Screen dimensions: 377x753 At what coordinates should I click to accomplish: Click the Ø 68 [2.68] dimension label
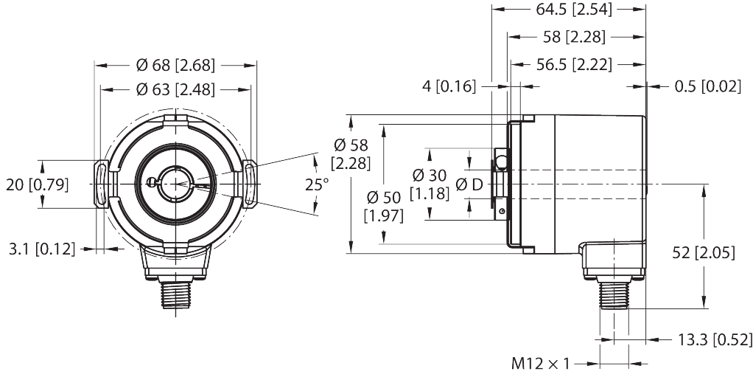pos(175,66)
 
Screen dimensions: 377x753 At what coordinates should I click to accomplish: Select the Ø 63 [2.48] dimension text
pos(175,90)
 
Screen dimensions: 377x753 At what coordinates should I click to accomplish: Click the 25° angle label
pos(317,184)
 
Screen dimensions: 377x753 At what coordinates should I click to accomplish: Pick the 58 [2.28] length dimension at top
pos(571,37)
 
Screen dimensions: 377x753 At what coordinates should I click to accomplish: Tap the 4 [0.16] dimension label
pos(446,87)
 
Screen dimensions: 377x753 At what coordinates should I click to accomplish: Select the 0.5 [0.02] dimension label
pos(707,87)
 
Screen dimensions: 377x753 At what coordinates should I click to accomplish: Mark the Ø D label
pos(469,184)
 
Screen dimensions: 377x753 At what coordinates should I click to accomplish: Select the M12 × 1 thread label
pos(542,363)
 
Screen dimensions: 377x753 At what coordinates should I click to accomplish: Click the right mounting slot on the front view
pos(250,184)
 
